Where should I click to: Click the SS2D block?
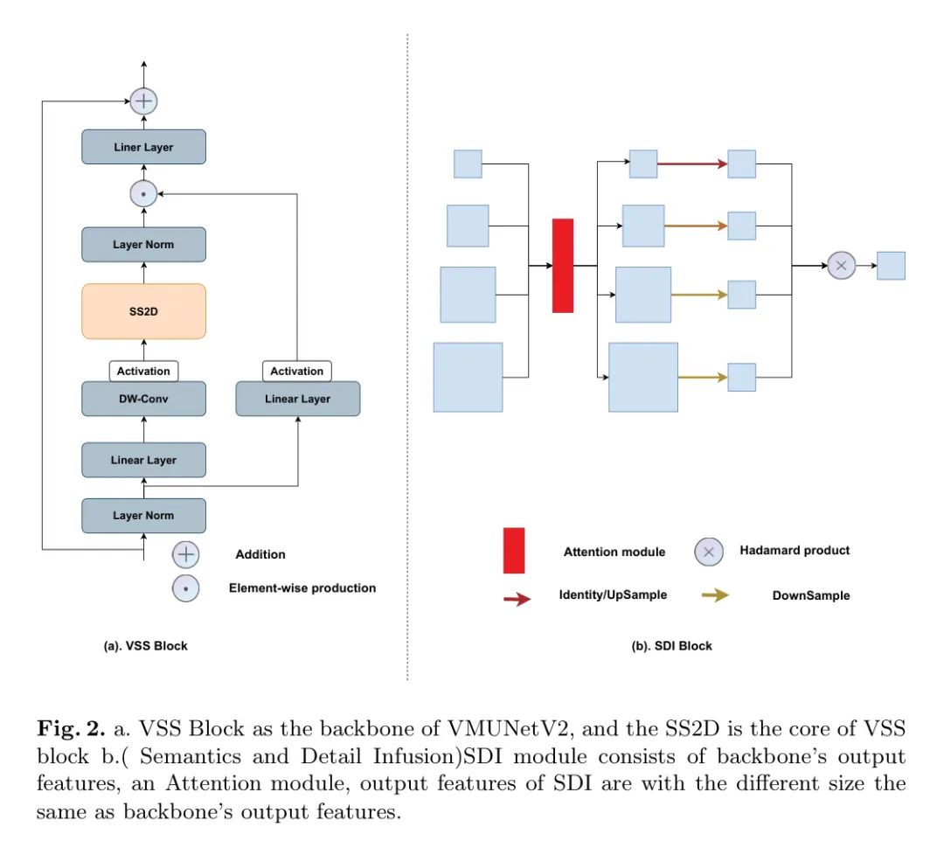click(143, 311)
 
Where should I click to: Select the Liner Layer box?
click(143, 147)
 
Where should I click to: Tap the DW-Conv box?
click(143, 399)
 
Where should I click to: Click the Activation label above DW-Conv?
click(143, 371)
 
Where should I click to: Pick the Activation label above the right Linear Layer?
click(297, 371)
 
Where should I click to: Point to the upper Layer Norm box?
click(143, 245)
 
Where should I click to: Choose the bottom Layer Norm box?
click(143, 516)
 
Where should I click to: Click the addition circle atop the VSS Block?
click(143, 101)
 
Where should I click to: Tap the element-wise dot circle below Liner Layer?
click(143, 193)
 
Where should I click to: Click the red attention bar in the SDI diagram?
click(563, 265)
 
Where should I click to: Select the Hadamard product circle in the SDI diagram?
click(841, 265)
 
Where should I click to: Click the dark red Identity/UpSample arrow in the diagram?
click(691, 163)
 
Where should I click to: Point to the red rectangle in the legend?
click(514, 550)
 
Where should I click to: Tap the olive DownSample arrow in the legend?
click(716, 595)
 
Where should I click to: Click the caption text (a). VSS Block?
click(145, 646)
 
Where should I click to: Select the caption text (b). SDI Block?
click(671, 646)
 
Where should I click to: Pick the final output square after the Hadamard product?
click(891, 266)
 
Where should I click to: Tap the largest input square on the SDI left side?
click(469, 377)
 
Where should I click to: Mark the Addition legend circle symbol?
click(185, 554)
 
